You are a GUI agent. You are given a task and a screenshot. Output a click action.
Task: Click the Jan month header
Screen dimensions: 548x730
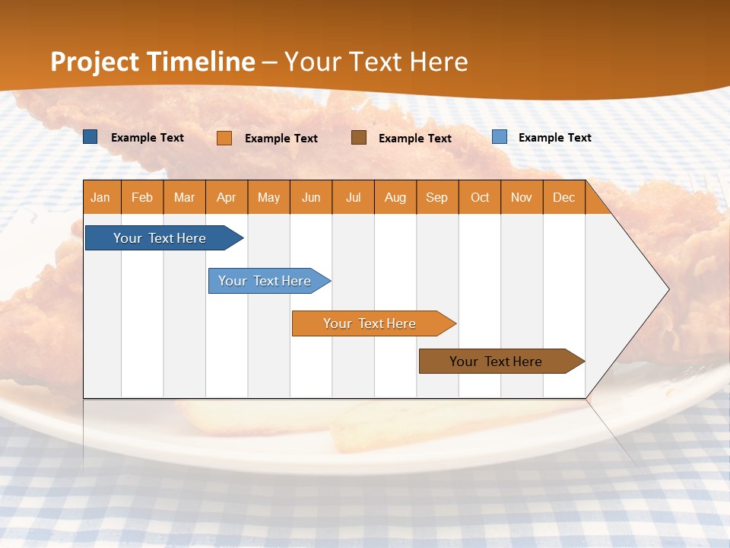tap(101, 198)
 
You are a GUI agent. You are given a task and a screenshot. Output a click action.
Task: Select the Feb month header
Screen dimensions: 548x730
tap(142, 198)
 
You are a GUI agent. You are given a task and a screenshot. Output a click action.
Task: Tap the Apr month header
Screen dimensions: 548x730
tap(227, 198)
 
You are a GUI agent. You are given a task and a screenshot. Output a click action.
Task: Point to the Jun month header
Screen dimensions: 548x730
tap(311, 198)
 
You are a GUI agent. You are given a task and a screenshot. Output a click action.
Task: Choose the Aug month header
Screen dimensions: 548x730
tap(395, 198)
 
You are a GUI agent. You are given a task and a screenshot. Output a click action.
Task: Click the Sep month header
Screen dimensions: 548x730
tap(437, 198)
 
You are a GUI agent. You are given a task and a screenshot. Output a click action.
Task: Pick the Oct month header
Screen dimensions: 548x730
tap(480, 198)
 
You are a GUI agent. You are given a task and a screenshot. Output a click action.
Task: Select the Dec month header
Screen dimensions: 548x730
tap(564, 198)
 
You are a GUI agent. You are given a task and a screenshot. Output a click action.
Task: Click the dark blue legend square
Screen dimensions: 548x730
tap(90, 137)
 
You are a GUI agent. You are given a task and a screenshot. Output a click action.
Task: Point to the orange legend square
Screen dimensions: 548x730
tap(224, 138)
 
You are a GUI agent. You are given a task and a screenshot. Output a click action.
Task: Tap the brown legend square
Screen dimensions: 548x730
tap(359, 137)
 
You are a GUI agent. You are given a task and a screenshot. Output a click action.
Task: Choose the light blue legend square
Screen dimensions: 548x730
tap(500, 137)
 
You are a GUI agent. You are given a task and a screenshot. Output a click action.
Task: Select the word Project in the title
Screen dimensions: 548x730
tap(94, 62)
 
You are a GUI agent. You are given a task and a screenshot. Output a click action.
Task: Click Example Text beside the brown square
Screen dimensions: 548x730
tap(415, 139)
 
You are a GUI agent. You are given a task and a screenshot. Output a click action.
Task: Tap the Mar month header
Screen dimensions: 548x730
tap(185, 198)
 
